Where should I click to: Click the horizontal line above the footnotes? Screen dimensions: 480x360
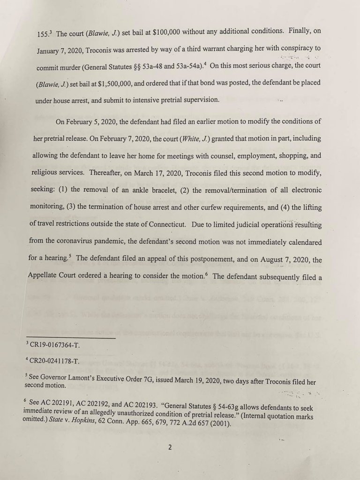[x=70, y=337]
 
